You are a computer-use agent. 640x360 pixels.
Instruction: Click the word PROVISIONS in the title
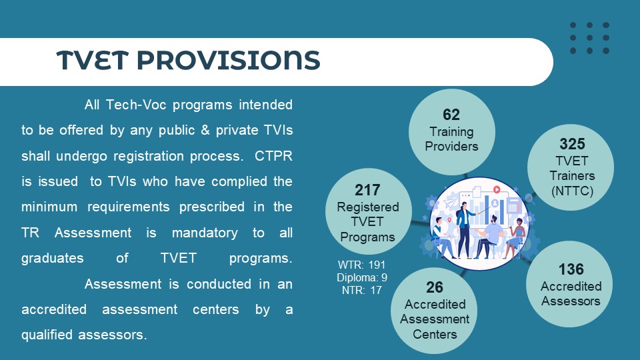click(228, 60)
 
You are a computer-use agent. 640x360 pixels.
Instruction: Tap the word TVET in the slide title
click(92, 60)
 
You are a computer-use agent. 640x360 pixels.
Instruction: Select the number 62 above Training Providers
click(451, 115)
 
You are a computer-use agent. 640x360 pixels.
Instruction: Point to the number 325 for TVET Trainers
click(572, 144)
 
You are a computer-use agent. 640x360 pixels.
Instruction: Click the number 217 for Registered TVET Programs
click(367, 190)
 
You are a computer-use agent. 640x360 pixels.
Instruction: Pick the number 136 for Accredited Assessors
click(571, 269)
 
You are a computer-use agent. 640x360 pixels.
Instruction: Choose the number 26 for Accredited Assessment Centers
click(434, 287)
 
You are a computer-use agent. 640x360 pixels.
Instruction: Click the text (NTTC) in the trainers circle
click(572, 191)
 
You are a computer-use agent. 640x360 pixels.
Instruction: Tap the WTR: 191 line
click(361, 265)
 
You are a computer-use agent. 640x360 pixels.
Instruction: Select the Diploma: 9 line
click(361, 277)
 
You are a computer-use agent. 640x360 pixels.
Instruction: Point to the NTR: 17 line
click(361, 290)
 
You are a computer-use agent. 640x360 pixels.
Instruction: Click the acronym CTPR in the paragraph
click(273, 156)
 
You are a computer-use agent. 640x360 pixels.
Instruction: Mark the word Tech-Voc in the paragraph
click(136, 105)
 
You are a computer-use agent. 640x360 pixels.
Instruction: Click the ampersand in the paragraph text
click(205, 130)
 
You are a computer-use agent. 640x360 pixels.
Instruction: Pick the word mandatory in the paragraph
click(205, 233)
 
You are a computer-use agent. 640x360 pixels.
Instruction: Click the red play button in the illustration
click(497, 189)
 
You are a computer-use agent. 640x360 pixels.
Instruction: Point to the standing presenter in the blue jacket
click(464, 229)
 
